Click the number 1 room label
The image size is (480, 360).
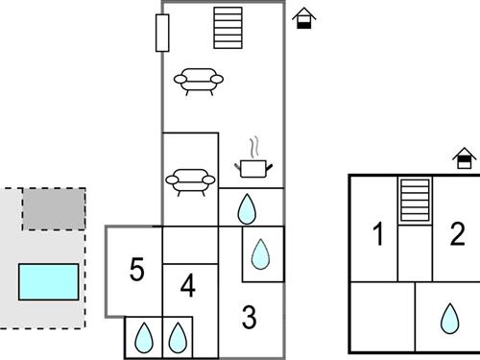pos(378,233)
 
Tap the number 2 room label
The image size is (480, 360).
pos(457,233)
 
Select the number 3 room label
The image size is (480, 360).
pos(249,317)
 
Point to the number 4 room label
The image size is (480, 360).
pos(188,286)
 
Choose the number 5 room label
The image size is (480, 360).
pos(136,270)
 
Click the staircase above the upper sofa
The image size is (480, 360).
pos(228,28)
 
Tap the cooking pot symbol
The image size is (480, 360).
pos(253,168)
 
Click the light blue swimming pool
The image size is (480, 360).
pos(49,281)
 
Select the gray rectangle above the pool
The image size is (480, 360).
pos(54,208)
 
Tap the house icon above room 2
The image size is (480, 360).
pos(466,157)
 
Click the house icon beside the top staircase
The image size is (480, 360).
pos(304,17)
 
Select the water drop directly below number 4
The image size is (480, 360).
pos(178,337)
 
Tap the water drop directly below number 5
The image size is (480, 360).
pos(144,337)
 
